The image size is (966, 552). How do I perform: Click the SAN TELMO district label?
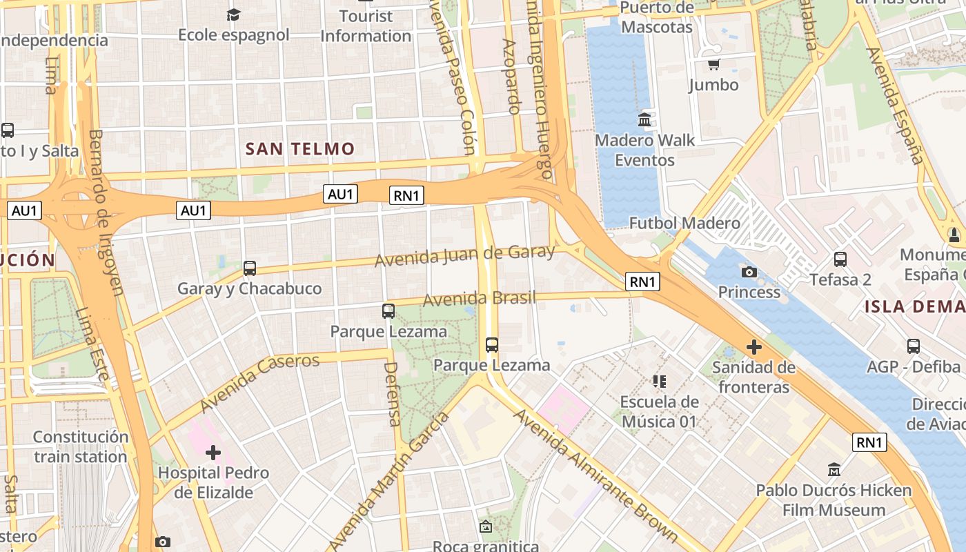point(300,148)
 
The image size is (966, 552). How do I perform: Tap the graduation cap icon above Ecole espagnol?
point(234,14)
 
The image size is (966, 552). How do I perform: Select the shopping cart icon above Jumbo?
point(713,65)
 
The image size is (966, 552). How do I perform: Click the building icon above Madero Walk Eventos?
point(644,120)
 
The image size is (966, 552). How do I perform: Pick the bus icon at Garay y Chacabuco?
point(250,268)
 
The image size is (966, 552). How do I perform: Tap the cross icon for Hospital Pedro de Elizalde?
point(213,453)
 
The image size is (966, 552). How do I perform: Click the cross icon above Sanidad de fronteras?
point(753,346)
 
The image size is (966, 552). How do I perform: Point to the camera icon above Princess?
point(749,272)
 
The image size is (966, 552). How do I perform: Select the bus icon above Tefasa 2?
point(840,259)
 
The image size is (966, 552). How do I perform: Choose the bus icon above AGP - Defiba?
point(914,346)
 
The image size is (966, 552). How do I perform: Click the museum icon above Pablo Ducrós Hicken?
point(834,470)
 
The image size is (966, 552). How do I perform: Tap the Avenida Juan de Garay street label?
point(464,255)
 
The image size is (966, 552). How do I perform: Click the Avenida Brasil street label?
point(479,299)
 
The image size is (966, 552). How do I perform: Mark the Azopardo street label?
point(511,76)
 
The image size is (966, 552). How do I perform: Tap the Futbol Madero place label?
point(684,223)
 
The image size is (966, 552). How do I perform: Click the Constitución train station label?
point(81,446)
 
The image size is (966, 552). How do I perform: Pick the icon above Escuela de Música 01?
point(659,381)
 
